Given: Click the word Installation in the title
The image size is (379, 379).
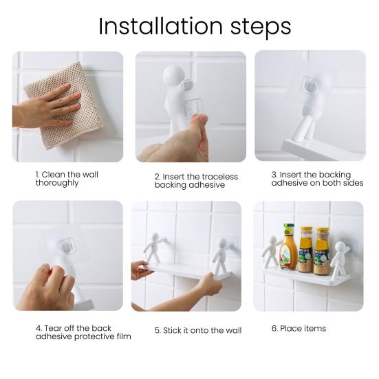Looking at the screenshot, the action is pos(160,26).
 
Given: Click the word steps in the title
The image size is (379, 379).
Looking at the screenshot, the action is pos(261,28).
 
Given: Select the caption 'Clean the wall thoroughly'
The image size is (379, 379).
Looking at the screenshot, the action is pos(67,179).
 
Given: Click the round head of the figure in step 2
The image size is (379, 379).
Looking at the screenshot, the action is pos(173,76).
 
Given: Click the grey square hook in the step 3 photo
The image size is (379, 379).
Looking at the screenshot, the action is pos(310,85).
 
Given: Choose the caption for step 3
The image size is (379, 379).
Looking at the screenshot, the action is pos(317,179).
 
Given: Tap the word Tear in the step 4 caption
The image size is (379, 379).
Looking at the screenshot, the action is pos(52,328).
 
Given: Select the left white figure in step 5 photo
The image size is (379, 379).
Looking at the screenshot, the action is pos(154,248).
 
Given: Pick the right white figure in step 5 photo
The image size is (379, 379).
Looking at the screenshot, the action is pos(220,256).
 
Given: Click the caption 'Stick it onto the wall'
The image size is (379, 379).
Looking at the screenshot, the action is pos(198,330).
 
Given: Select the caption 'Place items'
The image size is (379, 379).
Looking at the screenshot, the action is pos(299,329).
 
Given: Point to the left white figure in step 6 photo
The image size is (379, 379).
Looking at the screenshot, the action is pos(271,251).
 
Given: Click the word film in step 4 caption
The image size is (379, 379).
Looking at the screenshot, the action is pos(124,336).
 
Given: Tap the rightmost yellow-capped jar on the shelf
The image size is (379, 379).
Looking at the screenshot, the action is pos(322,251).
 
